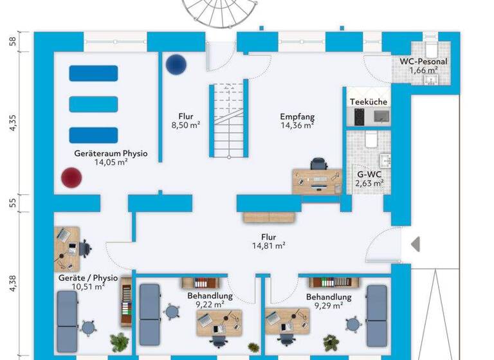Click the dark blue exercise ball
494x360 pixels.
pos(175,64)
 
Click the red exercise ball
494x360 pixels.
pos(70,177)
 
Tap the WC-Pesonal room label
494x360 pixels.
pos(423,62)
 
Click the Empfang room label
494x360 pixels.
pos(297,116)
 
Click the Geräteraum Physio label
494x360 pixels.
pos(111,154)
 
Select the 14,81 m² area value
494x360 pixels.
pos(268,245)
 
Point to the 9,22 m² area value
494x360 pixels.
pos(210,305)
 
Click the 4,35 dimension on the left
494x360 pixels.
pos(12,123)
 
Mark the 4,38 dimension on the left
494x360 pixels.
pos(12,283)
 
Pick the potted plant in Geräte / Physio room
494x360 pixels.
pos(118,341)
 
